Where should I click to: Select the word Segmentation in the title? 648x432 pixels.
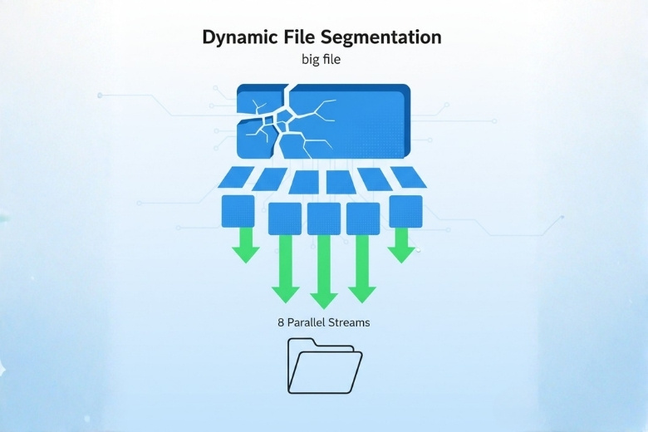click(381, 38)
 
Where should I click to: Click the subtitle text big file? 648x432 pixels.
click(322, 60)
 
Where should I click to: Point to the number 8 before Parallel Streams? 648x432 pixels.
click(281, 322)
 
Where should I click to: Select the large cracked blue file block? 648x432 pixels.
click(324, 120)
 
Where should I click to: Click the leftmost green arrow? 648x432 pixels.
click(246, 245)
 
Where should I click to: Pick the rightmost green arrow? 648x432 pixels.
click(401, 245)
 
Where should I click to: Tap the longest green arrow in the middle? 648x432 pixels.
click(324, 272)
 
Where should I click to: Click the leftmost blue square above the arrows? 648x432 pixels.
click(238, 211)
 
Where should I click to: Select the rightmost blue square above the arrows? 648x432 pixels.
click(405, 211)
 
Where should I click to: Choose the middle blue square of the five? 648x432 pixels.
click(324, 218)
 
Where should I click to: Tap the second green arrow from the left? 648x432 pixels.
click(285, 268)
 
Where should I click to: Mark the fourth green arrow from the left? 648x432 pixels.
click(362, 268)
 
